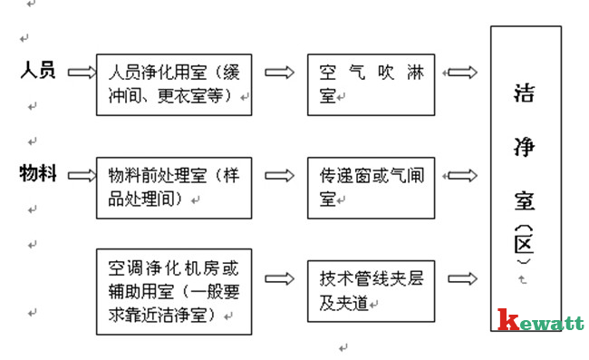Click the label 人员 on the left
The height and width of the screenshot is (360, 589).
tap(37, 70)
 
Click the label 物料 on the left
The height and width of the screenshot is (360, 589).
tap(37, 173)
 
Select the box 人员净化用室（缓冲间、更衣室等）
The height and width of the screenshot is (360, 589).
tap(174, 83)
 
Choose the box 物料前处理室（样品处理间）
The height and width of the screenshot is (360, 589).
tap(174, 186)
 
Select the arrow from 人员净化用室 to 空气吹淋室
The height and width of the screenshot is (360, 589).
tap(279, 72)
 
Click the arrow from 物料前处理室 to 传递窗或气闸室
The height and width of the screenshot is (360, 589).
tap(279, 174)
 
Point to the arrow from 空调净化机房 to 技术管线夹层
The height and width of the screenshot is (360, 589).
tap(279, 278)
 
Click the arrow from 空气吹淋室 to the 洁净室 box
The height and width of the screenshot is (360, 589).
tap(462, 72)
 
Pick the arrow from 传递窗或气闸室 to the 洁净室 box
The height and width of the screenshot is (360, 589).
tap(462, 174)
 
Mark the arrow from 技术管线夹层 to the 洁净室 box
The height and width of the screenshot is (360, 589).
tap(462, 278)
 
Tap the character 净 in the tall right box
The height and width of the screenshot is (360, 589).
tap(523, 144)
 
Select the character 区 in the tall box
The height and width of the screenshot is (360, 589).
tap(523, 244)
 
